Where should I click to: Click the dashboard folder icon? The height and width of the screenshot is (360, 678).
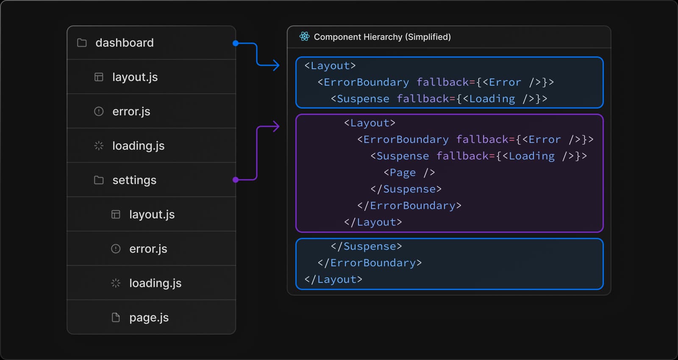tap(82, 43)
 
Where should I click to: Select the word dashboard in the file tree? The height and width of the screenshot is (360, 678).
tap(125, 43)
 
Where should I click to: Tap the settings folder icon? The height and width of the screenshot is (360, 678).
tap(99, 180)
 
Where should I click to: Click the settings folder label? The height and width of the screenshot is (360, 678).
tap(134, 180)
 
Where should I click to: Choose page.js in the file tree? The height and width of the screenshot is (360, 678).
tap(149, 318)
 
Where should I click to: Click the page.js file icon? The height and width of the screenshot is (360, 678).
tap(116, 318)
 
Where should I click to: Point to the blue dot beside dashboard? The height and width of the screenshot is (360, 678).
tap(236, 43)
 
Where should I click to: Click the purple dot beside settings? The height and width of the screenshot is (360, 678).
tap(236, 180)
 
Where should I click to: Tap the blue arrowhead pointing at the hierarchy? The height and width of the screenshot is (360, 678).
tap(276, 65)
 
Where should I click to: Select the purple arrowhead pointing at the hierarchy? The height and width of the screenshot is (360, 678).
tap(276, 126)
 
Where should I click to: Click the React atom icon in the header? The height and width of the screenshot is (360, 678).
tap(304, 37)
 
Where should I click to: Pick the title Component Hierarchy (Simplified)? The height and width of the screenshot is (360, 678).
tap(382, 37)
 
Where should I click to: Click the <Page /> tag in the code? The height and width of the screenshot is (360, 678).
tap(409, 173)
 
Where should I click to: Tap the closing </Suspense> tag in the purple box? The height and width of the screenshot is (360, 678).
tap(406, 189)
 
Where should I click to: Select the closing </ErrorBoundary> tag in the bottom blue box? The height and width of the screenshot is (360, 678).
tap(370, 263)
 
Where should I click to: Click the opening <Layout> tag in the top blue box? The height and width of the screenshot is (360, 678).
tap(330, 66)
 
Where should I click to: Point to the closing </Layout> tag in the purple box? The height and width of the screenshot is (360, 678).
tap(373, 222)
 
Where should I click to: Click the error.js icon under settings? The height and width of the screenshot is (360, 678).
tap(116, 249)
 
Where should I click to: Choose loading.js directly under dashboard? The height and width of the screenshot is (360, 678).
tap(138, 146)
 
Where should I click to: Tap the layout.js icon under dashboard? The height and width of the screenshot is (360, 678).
tap(99, 77)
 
